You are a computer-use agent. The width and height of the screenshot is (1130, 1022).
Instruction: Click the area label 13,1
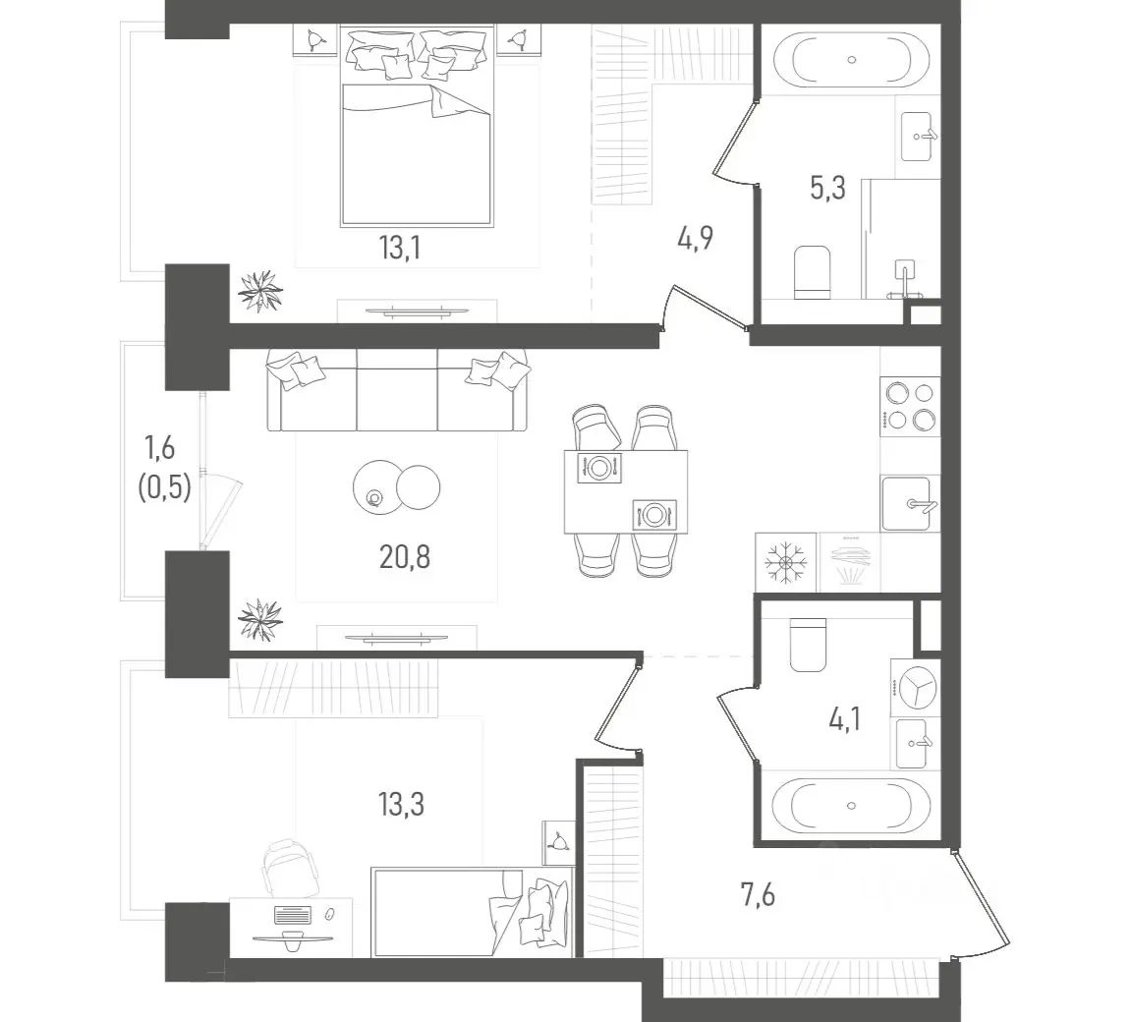tap(400, 248)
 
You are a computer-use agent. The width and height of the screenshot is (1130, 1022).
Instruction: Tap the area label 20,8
tap(404, 557)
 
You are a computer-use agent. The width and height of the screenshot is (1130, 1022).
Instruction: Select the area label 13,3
tap(402, 804)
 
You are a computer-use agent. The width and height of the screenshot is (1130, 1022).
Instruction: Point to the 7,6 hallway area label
tap(759, 895)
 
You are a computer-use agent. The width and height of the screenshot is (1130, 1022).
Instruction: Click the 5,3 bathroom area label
tap(828, 188)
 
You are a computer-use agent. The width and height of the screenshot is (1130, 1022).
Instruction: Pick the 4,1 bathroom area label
tap(845, 719)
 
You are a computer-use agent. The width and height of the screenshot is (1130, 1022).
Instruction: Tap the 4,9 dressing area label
tap(696, 237)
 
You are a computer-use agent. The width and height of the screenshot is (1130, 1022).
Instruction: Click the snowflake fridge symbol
tap(786, 561)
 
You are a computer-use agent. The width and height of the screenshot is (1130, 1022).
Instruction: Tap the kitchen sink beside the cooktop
tap(910, 503)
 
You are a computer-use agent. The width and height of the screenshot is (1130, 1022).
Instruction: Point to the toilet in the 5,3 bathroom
tap(812, 272)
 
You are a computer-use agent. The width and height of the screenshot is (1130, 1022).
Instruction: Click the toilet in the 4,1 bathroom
tap(808, 645)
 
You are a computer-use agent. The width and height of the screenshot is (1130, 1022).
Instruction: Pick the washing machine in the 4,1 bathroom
tap(915, 687)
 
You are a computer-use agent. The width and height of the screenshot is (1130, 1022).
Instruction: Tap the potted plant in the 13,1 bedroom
tap(260, 291)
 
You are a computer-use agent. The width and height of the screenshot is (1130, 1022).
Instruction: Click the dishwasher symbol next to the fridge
tap(849, 561)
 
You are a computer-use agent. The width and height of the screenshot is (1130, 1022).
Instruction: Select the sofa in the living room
tap(398, 391)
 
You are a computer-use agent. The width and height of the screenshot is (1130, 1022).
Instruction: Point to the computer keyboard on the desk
tap(292, 915)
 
